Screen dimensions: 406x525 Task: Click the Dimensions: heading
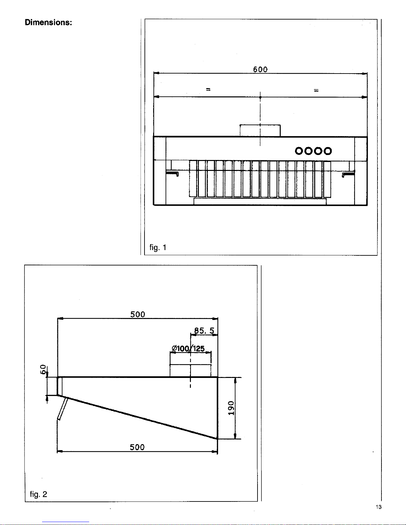tap(48, 23)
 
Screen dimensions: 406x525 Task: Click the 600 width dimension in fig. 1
tap(260, 70)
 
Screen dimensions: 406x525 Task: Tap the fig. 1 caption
tap(158, 248)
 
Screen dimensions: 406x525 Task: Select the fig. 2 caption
tap(38, 494)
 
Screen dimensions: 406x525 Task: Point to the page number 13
tap(378, 507)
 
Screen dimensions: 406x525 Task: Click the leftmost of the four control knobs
tap(299, 151)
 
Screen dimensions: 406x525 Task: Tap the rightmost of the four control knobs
tap(328, 151)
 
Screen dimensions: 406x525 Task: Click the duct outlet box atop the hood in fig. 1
tap(260, 131)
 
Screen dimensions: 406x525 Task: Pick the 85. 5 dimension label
tap(204, 331)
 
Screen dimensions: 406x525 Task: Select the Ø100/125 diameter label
tap(188, 348)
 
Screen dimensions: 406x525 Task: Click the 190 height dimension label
tap(231, 408)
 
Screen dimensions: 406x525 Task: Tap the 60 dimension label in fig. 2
tap(43, 369)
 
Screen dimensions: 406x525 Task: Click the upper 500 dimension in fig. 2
tap(138, 314)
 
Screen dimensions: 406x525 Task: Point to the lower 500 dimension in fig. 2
tap(137, 447)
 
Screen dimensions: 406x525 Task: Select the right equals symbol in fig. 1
tap(316, 90)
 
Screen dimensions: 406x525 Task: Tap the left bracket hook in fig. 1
tap(172, 174)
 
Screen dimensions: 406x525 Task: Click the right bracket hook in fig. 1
tap(348, 174)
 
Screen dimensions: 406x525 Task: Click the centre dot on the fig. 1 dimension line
tap(260, 97)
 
